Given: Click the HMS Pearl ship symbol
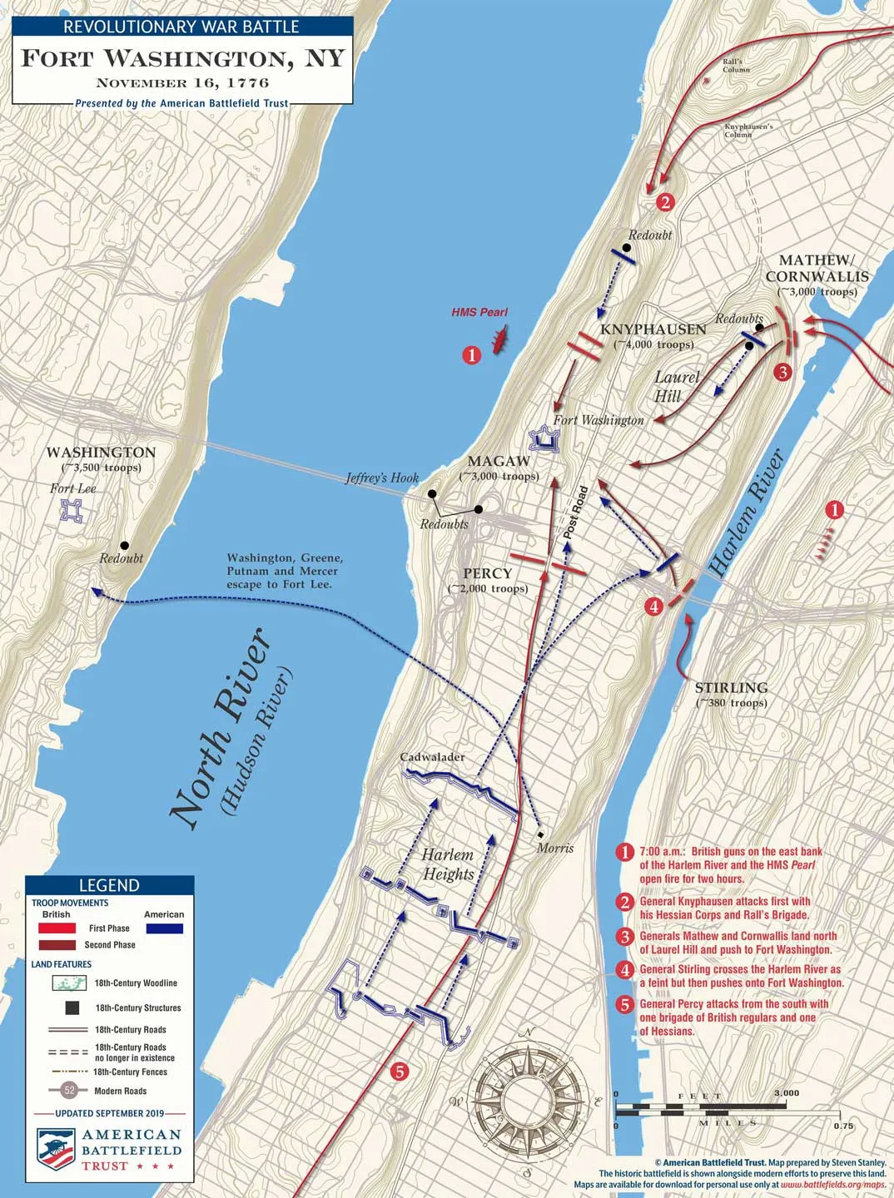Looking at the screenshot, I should [499, 340].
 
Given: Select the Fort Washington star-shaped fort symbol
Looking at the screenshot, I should [544, 438].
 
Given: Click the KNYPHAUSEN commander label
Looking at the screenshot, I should [653, 329].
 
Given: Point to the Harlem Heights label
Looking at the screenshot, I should [448, 864].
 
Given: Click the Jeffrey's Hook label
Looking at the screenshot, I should [382, 478].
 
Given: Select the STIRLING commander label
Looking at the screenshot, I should [731, 688].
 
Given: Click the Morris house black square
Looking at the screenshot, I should [540, 834].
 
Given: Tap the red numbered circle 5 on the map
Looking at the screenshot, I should [400, 1072].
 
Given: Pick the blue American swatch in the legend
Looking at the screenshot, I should [163, 928].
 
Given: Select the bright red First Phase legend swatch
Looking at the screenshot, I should [57, 928].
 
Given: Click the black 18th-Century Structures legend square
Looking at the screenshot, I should [72, 1007].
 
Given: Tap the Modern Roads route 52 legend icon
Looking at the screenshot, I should [70, 1090].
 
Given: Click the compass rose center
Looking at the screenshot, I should [526, 1102].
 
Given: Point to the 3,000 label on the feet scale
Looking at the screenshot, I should [786, 1093].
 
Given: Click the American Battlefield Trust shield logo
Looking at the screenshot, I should [56, 1149].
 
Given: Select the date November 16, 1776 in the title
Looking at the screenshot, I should [182, 82].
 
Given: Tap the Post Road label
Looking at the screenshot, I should [575, 511].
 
